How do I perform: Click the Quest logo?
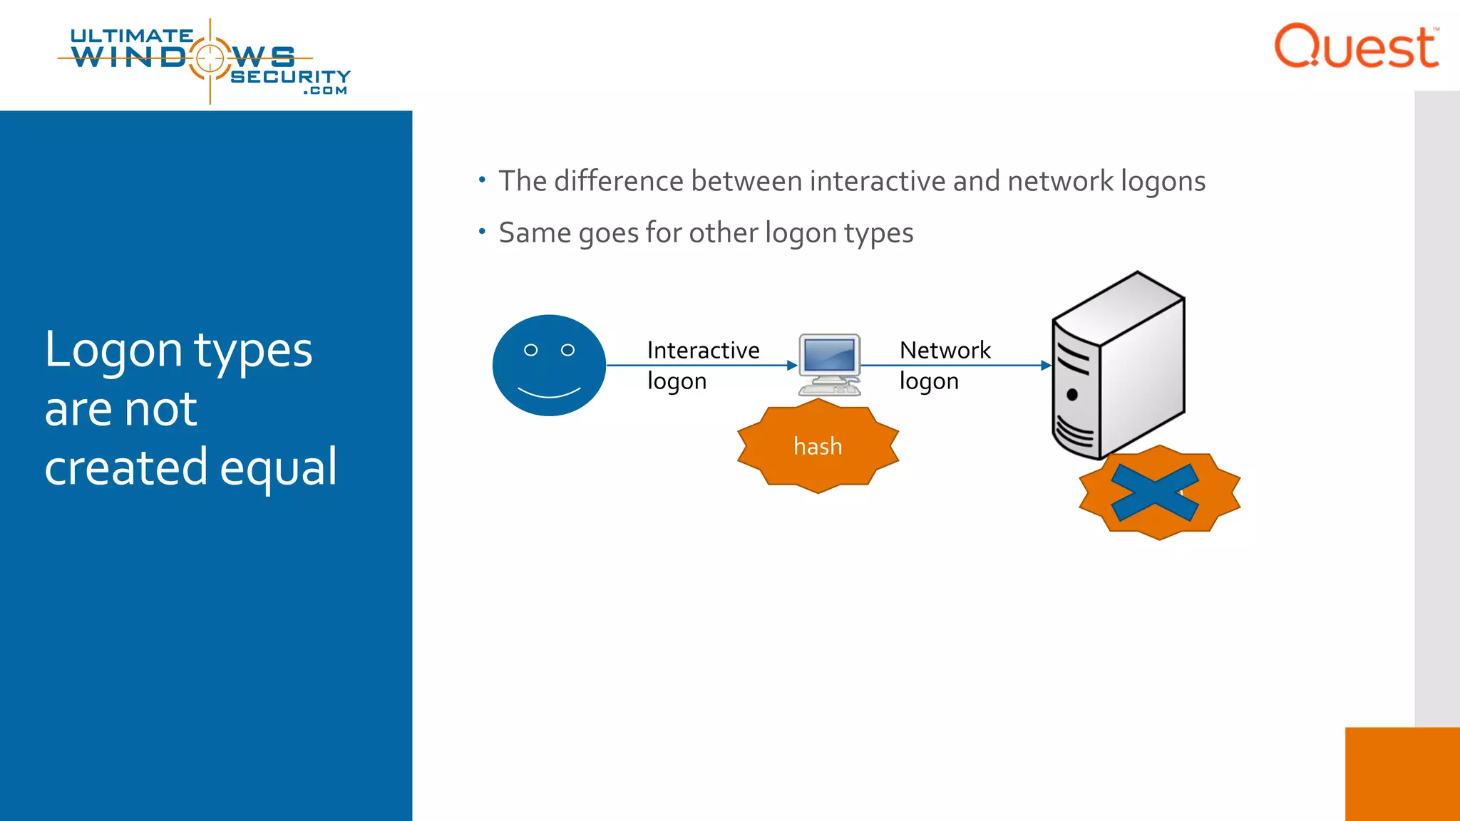(x=1356, y=47)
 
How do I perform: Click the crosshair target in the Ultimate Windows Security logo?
(x=210, y=58)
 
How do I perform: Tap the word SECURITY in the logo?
(x=290, y=76)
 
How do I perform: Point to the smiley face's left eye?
(x=530, y=350)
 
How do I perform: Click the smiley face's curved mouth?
(x=549, y=392)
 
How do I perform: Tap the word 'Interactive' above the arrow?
(x=703, y=350)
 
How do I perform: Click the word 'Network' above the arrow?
(x=945, y=350)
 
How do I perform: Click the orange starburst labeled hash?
(x=818, y=446)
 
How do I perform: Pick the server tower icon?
(x=1119, y=363)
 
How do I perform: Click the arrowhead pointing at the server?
(x=1046, y=366)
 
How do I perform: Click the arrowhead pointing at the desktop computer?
(x=791, y=366)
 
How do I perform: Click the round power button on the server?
(x=1071, y=395)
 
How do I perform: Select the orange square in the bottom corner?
(x=1402, y=774)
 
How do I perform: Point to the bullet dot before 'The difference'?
(x=482, y=180)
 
